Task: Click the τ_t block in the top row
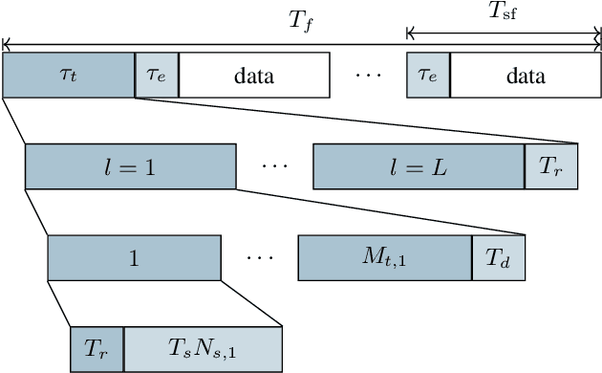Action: pos(69,76)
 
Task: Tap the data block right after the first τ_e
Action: pos(254,76)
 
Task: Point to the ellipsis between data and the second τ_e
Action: pos(368,76)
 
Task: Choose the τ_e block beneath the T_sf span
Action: pos(428,76)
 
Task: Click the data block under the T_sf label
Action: pos(525,76)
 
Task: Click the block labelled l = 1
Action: pos(131,166)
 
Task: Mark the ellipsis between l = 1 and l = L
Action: pos(274,166)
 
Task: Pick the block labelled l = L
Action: pos(418,166)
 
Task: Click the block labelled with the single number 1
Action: pos(135,258)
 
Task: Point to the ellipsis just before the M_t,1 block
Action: pos(260,258)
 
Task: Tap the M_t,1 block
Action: pos(385,258)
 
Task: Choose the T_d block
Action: pos(498,258)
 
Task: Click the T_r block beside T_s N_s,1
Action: pos(97,348)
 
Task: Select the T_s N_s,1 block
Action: pos(203,348)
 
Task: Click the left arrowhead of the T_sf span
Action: pos(410,34)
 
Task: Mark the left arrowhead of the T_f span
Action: pos(6,42)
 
